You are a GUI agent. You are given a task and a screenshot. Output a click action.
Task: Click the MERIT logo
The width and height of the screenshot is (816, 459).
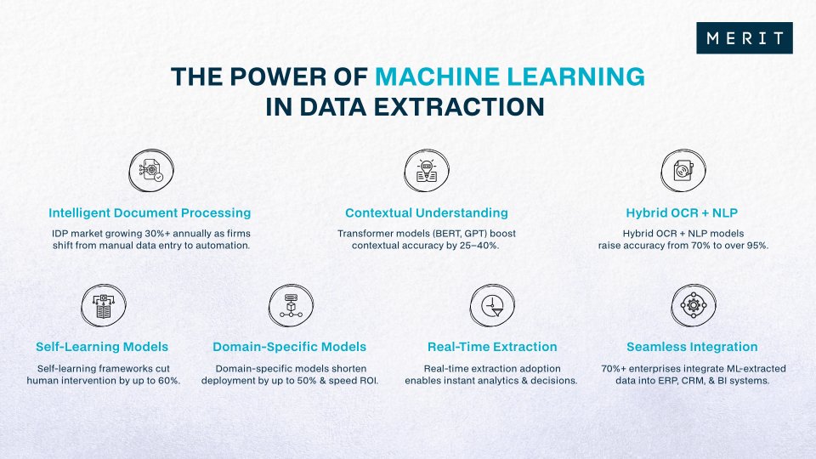[744, 38]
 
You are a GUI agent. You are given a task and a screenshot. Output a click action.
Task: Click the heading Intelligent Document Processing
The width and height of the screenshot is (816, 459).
[150, 212]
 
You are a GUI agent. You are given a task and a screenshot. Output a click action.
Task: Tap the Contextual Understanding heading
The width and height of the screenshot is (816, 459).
[426, 212]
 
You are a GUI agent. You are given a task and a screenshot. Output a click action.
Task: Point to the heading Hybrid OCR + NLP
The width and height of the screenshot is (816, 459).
[683, 212]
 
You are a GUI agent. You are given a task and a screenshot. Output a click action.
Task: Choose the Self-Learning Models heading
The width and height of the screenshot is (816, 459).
[102, 347]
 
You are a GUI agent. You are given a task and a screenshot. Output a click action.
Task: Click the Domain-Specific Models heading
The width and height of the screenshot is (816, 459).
[289, 347]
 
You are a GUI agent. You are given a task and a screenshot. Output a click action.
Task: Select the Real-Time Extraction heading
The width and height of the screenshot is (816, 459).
[491, 347]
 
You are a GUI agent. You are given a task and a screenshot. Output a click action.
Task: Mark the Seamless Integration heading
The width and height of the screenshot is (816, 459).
[692, 347]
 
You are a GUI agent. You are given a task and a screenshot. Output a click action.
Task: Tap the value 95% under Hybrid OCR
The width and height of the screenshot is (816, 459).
[756, 246]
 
